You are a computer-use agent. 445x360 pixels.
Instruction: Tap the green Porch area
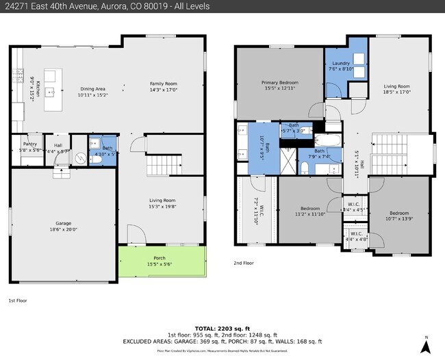tap(162, 263)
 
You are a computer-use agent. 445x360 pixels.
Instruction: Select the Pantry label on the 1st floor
tap(29, 145)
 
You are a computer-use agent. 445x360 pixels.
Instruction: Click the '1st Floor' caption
tap(18, 300)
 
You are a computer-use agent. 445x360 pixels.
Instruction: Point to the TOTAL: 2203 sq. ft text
tap(222, 328)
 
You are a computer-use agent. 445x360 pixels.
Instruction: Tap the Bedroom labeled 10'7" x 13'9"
tap(401, 216)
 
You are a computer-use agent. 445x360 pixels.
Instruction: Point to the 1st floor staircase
tap(163, 166)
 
